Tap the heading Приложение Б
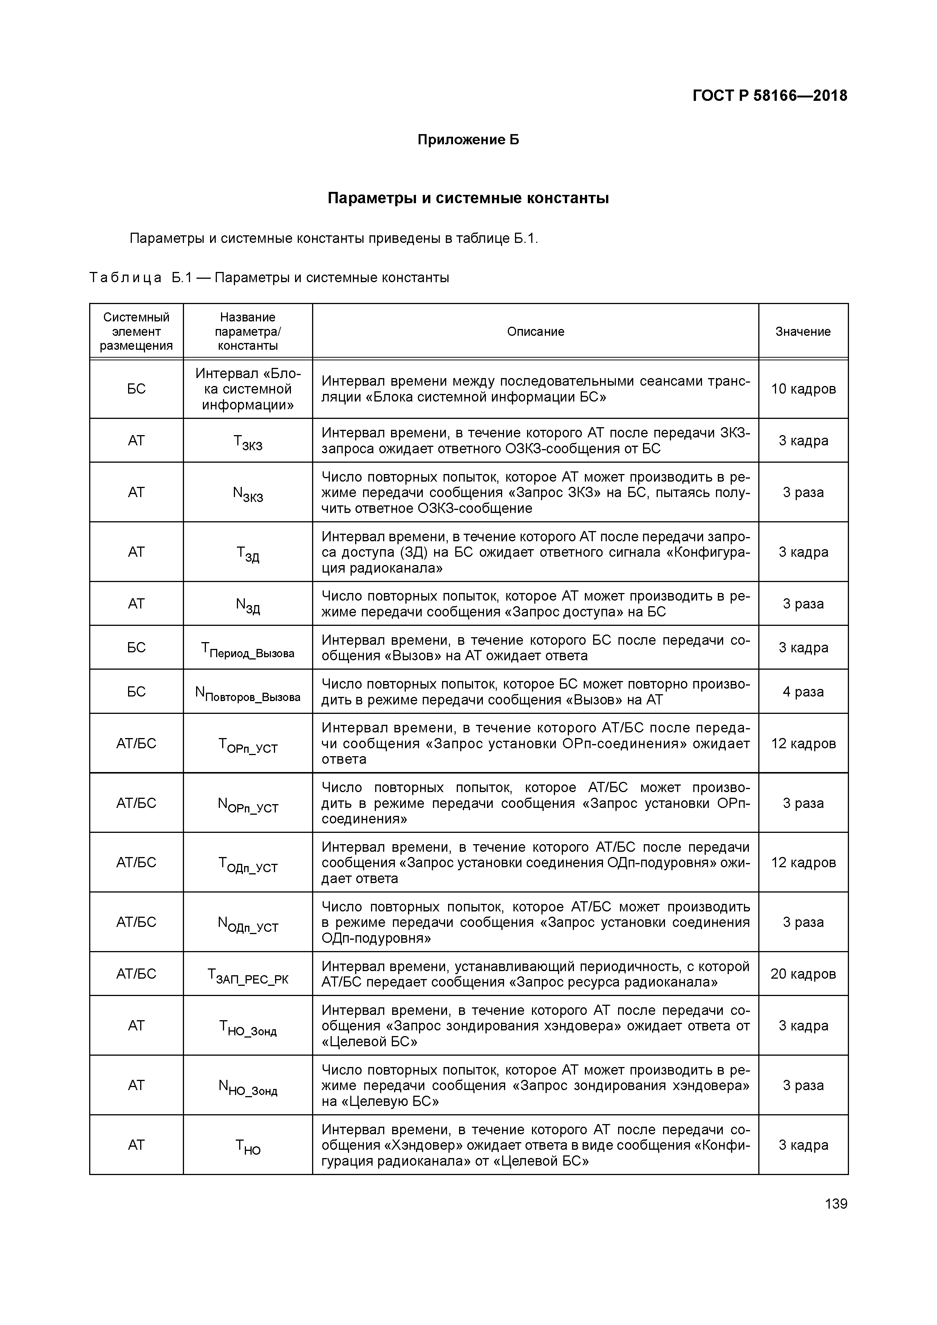468,140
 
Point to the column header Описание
535,331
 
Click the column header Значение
802,331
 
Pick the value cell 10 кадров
803,389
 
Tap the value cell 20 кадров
803,974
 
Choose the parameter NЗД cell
248,605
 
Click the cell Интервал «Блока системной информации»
248,389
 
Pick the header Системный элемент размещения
136,331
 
